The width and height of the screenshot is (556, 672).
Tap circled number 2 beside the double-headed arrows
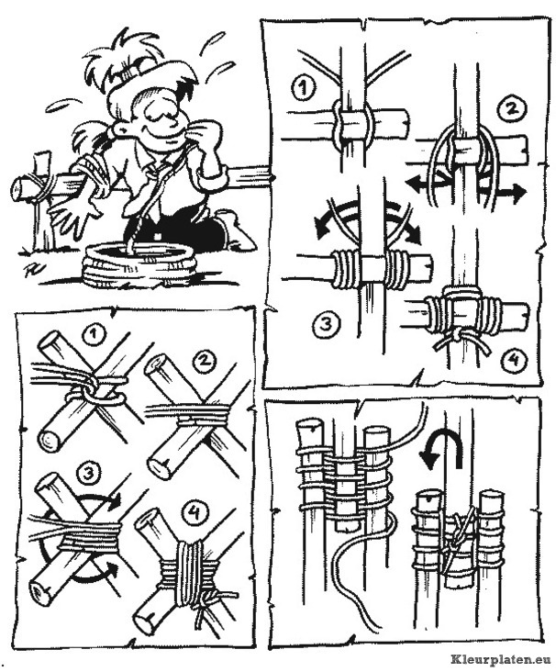point(510,109)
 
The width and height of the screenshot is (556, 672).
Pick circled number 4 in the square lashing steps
point(513,359)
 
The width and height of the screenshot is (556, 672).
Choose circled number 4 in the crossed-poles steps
point(195,512)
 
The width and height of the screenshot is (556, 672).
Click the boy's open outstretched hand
point(75,217)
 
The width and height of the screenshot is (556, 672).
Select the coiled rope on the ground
point(139,265)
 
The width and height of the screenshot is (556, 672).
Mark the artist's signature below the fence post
point(31,271)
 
